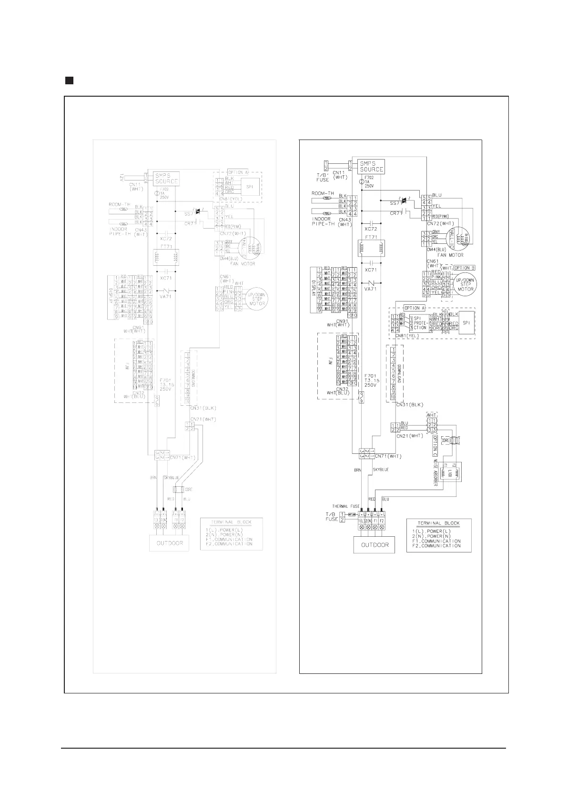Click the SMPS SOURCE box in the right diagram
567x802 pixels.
coord(372,166)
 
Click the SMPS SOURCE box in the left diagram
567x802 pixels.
coord(166,178)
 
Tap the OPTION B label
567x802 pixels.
coord(463,268)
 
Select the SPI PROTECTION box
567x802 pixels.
coord(420,323)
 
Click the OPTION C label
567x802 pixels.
coord(435,445)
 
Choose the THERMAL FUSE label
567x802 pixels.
coord(345,506)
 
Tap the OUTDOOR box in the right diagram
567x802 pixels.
coord(375,545)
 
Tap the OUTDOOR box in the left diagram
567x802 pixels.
coord(169,543)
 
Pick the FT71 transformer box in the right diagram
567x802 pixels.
coord(372,248)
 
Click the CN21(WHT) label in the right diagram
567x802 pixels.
coord(403,435)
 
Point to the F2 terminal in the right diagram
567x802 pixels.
coord(383,521)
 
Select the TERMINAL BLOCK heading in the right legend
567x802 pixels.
coord(439,523)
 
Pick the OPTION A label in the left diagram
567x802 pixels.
coord(238,172)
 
